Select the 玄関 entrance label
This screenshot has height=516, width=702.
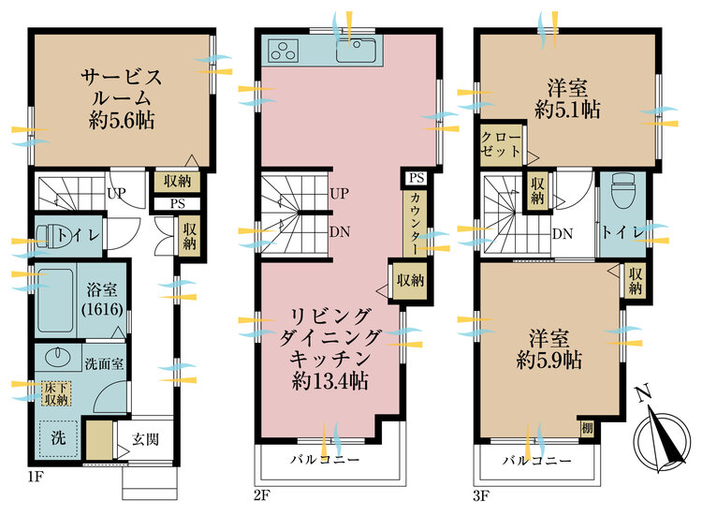click(x=144, y=438)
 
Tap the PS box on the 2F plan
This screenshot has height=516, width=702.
click(x=417, y=178)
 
